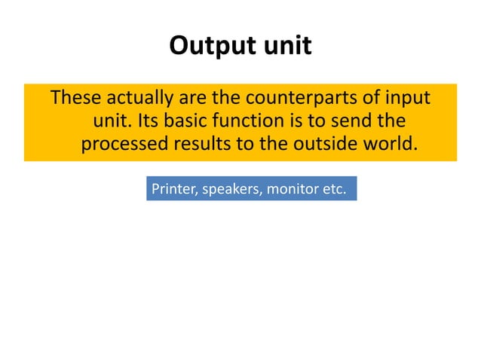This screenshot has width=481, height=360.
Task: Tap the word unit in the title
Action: point(283,47)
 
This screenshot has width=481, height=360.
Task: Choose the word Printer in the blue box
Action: point(174,188)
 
